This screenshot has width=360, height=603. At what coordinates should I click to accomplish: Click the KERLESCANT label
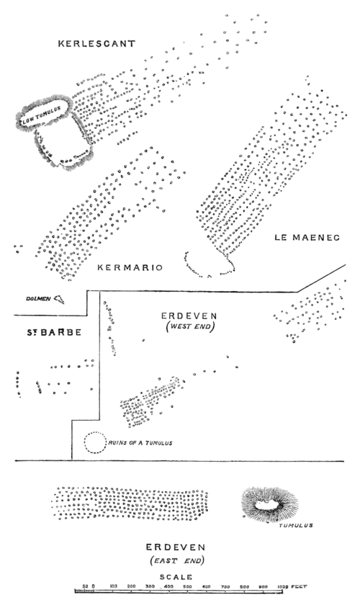[96, 44]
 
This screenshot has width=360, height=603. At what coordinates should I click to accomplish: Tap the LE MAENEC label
[305, 236]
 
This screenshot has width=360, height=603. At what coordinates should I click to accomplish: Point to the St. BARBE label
[51, 333]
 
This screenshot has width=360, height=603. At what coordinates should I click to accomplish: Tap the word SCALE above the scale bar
[176, 577]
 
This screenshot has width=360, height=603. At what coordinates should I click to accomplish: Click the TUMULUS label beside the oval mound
[295, 526]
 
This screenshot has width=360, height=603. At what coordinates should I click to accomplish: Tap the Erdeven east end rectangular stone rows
[130, 501]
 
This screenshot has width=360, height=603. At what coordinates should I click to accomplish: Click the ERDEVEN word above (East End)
[176, 548]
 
